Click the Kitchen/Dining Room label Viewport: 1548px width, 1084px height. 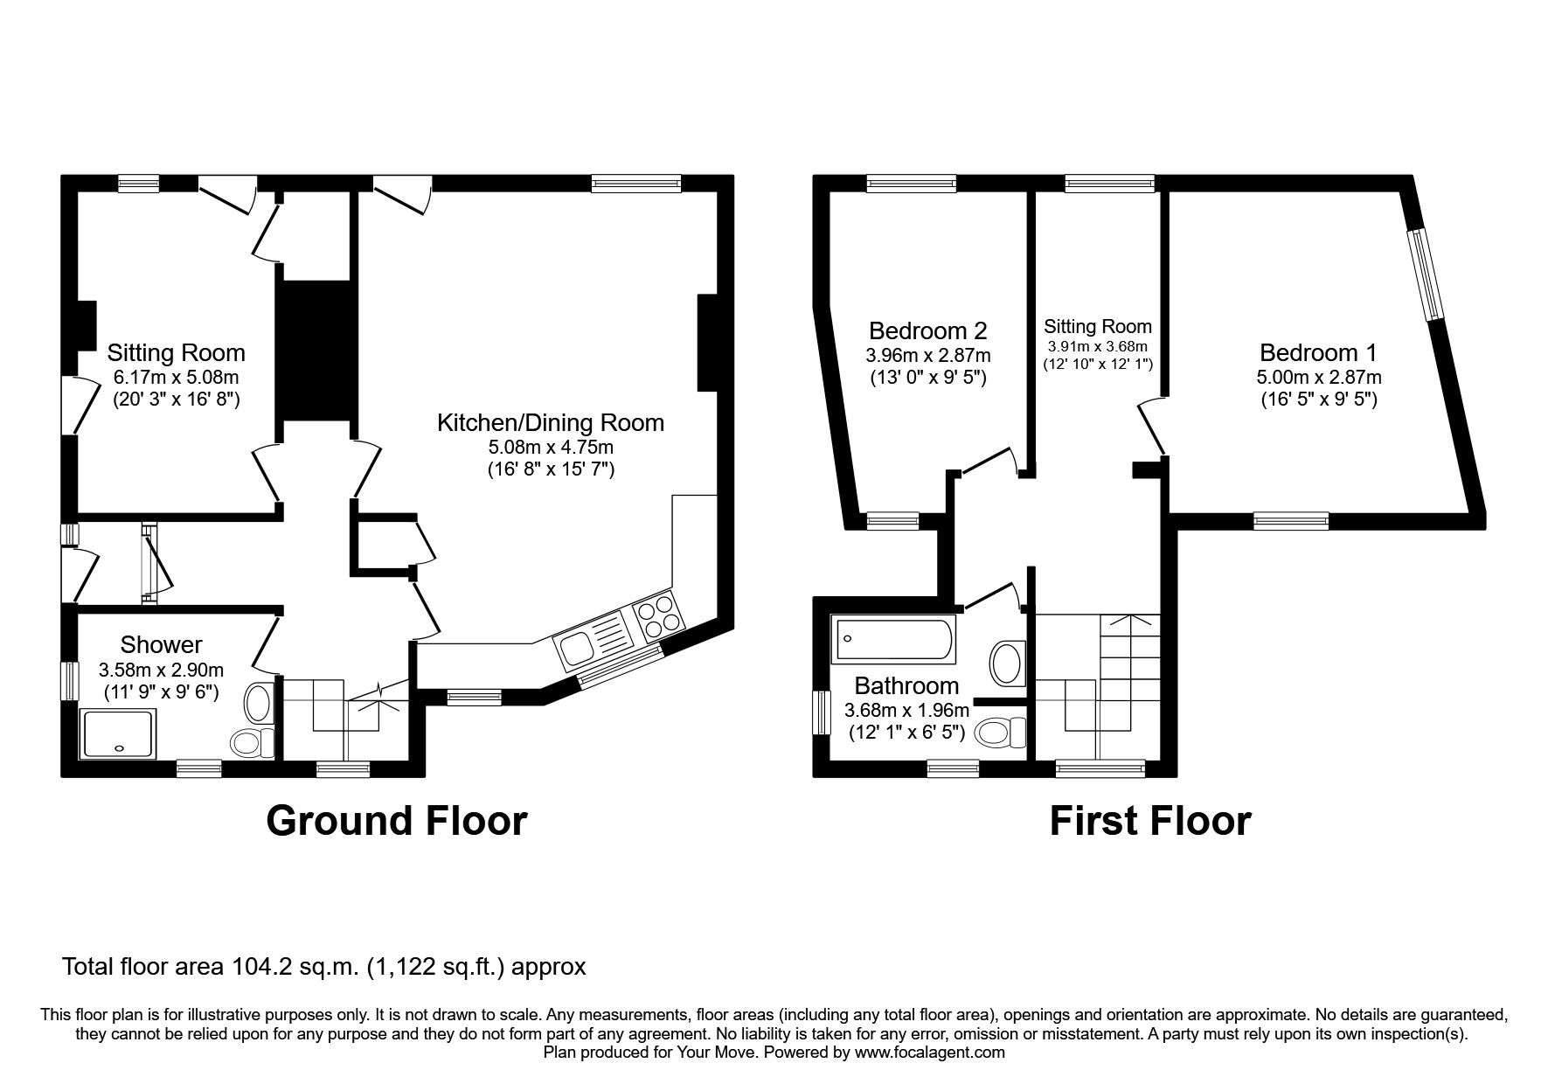tap(550, 423)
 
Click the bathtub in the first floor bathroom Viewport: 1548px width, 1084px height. tap(893, 641)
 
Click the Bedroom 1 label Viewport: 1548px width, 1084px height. tap(1318, 353)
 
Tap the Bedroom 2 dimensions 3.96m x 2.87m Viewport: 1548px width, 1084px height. tap(927, 356)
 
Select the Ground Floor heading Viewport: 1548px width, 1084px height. tap(396, 821)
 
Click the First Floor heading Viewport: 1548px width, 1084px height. tap(1149, 821)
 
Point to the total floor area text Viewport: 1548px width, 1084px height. tap(323, 967)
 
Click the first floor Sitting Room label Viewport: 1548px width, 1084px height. tap(1098, 327)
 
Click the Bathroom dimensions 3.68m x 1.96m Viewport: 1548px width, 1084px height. tap(906, 711)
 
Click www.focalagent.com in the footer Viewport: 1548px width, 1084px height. tap(929, 1053)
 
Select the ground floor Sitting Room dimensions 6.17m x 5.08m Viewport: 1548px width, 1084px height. tap(176, 378)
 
